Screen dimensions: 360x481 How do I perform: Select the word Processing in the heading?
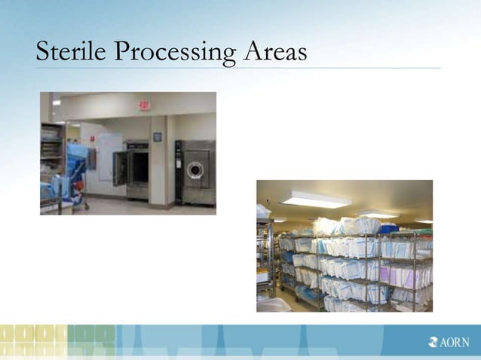click(174, 53)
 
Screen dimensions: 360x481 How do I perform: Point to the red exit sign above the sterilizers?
click(143, 105)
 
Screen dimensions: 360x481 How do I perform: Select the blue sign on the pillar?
click(158, 137)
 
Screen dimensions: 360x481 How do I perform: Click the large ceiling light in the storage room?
click(315, 200)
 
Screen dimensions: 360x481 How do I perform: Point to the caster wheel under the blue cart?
click(85, 207)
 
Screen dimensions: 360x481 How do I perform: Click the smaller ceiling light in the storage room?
click(378, 214)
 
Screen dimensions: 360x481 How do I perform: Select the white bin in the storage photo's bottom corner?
click(273, 304)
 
